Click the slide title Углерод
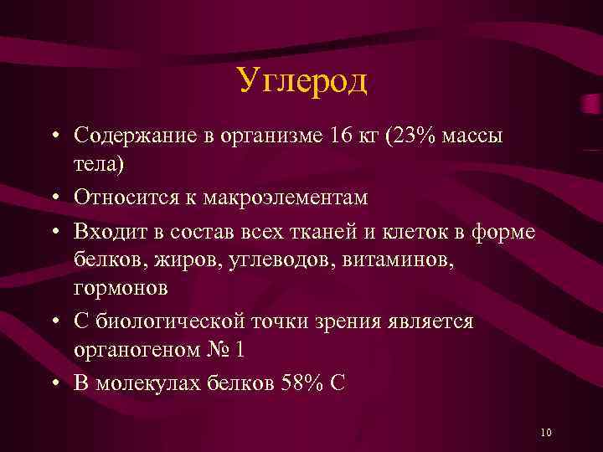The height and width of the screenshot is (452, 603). click(301, 81)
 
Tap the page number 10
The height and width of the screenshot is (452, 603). click(546, 432)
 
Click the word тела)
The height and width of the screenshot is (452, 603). click(98, 165)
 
